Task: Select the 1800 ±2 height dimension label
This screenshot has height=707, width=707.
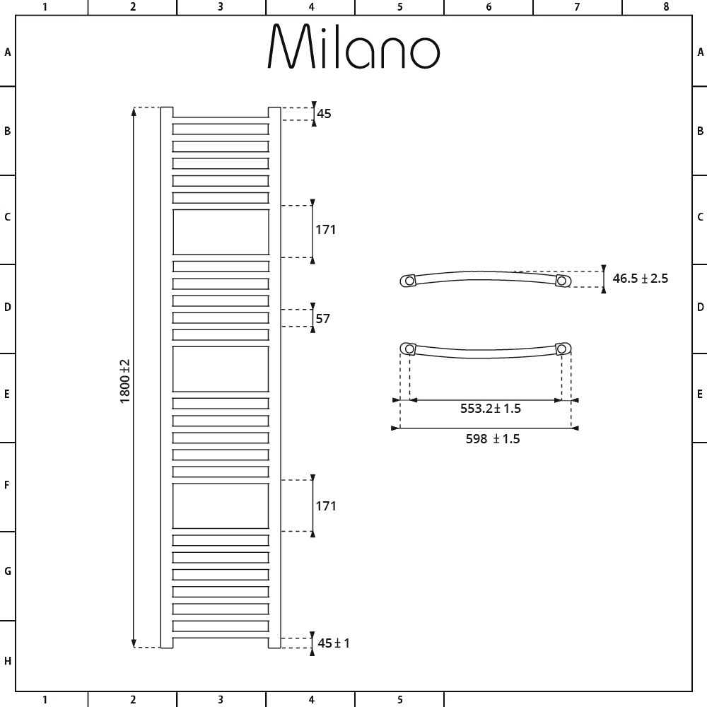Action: (x=125, y=381)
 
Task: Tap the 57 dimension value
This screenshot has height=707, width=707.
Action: (x=323, y=318)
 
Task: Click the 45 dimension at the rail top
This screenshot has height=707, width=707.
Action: (x=324, y=113)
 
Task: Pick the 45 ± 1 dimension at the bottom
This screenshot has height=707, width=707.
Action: (x=334, y=643)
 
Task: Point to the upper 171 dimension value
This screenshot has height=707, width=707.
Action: (x=326, y=230)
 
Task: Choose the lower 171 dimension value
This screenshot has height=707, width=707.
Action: (x=326, y=506)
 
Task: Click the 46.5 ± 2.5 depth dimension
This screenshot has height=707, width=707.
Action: (x=640, y=279)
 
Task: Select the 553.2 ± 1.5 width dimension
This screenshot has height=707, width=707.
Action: (x=491, y=408)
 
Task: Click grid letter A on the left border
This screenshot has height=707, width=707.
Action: (x=8, y=52)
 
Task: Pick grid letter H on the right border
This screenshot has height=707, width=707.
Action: (x=700, y=662)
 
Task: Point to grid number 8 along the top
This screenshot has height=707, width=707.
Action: (x=665, y=7)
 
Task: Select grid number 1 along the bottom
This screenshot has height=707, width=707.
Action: (x=45, y=700)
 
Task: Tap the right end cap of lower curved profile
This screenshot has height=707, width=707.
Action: (x=563, y=349)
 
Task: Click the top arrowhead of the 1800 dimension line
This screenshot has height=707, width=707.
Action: (x=134, y=110)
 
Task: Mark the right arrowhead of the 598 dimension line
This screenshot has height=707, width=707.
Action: (x=575, y=428)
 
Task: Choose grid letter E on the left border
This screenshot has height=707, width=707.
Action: (x=8, y=394)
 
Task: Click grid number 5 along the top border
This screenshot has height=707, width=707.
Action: (x=399, y=7)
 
